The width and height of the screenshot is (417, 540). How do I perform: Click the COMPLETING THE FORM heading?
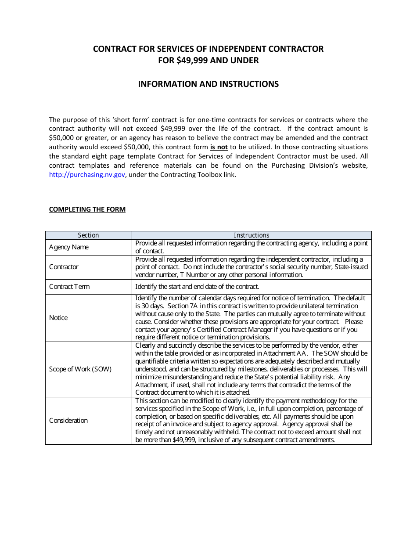tap(87, 209)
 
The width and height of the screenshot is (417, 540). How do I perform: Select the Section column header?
tap(88, 235)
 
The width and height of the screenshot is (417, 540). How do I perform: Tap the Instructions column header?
tap(251, 235)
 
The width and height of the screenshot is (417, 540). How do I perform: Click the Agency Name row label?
tap(68, 247)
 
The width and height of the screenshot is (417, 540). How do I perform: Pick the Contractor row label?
tap(64, 267)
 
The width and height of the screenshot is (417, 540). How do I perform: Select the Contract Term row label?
tap(69, 287)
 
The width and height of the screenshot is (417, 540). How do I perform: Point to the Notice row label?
tap(58, 318)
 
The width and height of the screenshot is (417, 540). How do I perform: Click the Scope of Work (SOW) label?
tap(80, 369)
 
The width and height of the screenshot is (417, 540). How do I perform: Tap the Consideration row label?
tap(68, 421)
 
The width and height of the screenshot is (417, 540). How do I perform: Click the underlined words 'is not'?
tap(219, 147)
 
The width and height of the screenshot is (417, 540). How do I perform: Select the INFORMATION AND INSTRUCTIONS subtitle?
tap(208, 84)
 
